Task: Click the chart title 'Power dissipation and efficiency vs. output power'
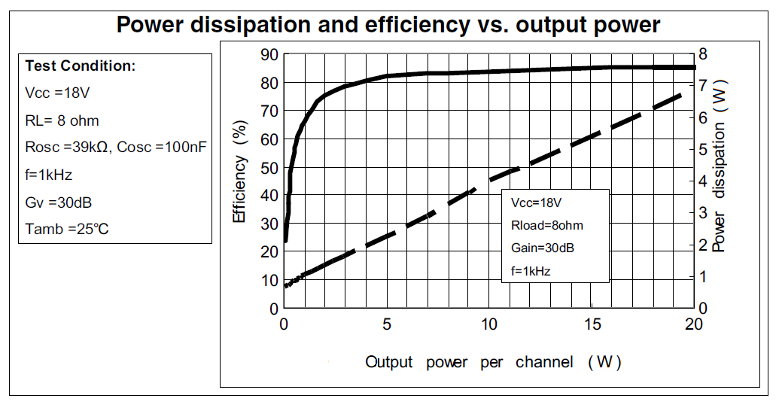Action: pyautogui.click(x=388, y=25)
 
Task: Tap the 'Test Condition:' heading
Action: pyautogui.click(x=81, y=66)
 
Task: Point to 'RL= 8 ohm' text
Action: pyautogui.click(x=62, y=120)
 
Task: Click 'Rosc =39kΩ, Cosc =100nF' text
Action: pyautogui.click(x=116, y=148)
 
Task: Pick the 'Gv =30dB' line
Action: pyautogui.click(x=59, y=202)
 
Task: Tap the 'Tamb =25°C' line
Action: pyautogui.click(x=67, y=229)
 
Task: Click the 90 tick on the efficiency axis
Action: pyautogui.click(x=269, y=54)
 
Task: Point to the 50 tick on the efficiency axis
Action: pyautogui.click(x=269, y=167)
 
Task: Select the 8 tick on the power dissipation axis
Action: pyautogui.click(x=703, y=54)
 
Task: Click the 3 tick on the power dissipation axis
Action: pyautogui.click(x=703, y=213)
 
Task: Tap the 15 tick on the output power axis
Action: pyautogui.click(x=591, y=324)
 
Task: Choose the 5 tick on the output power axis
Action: pyautogui.click(x=386, y=324)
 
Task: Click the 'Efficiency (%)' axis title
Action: pyautogui.click(x=239, y=172)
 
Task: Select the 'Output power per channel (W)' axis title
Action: pyautogui.click(x=493, y=362)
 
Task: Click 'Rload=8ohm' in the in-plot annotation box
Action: pyautogui.click(x=547, y=225)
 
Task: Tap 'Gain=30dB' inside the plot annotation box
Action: pyautogui.click(x=543, y=248)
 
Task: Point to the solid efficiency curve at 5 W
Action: pyautogui.click(x=386, y=76)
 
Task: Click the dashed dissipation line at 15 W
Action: pyautogui.click(x=591, y=136)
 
